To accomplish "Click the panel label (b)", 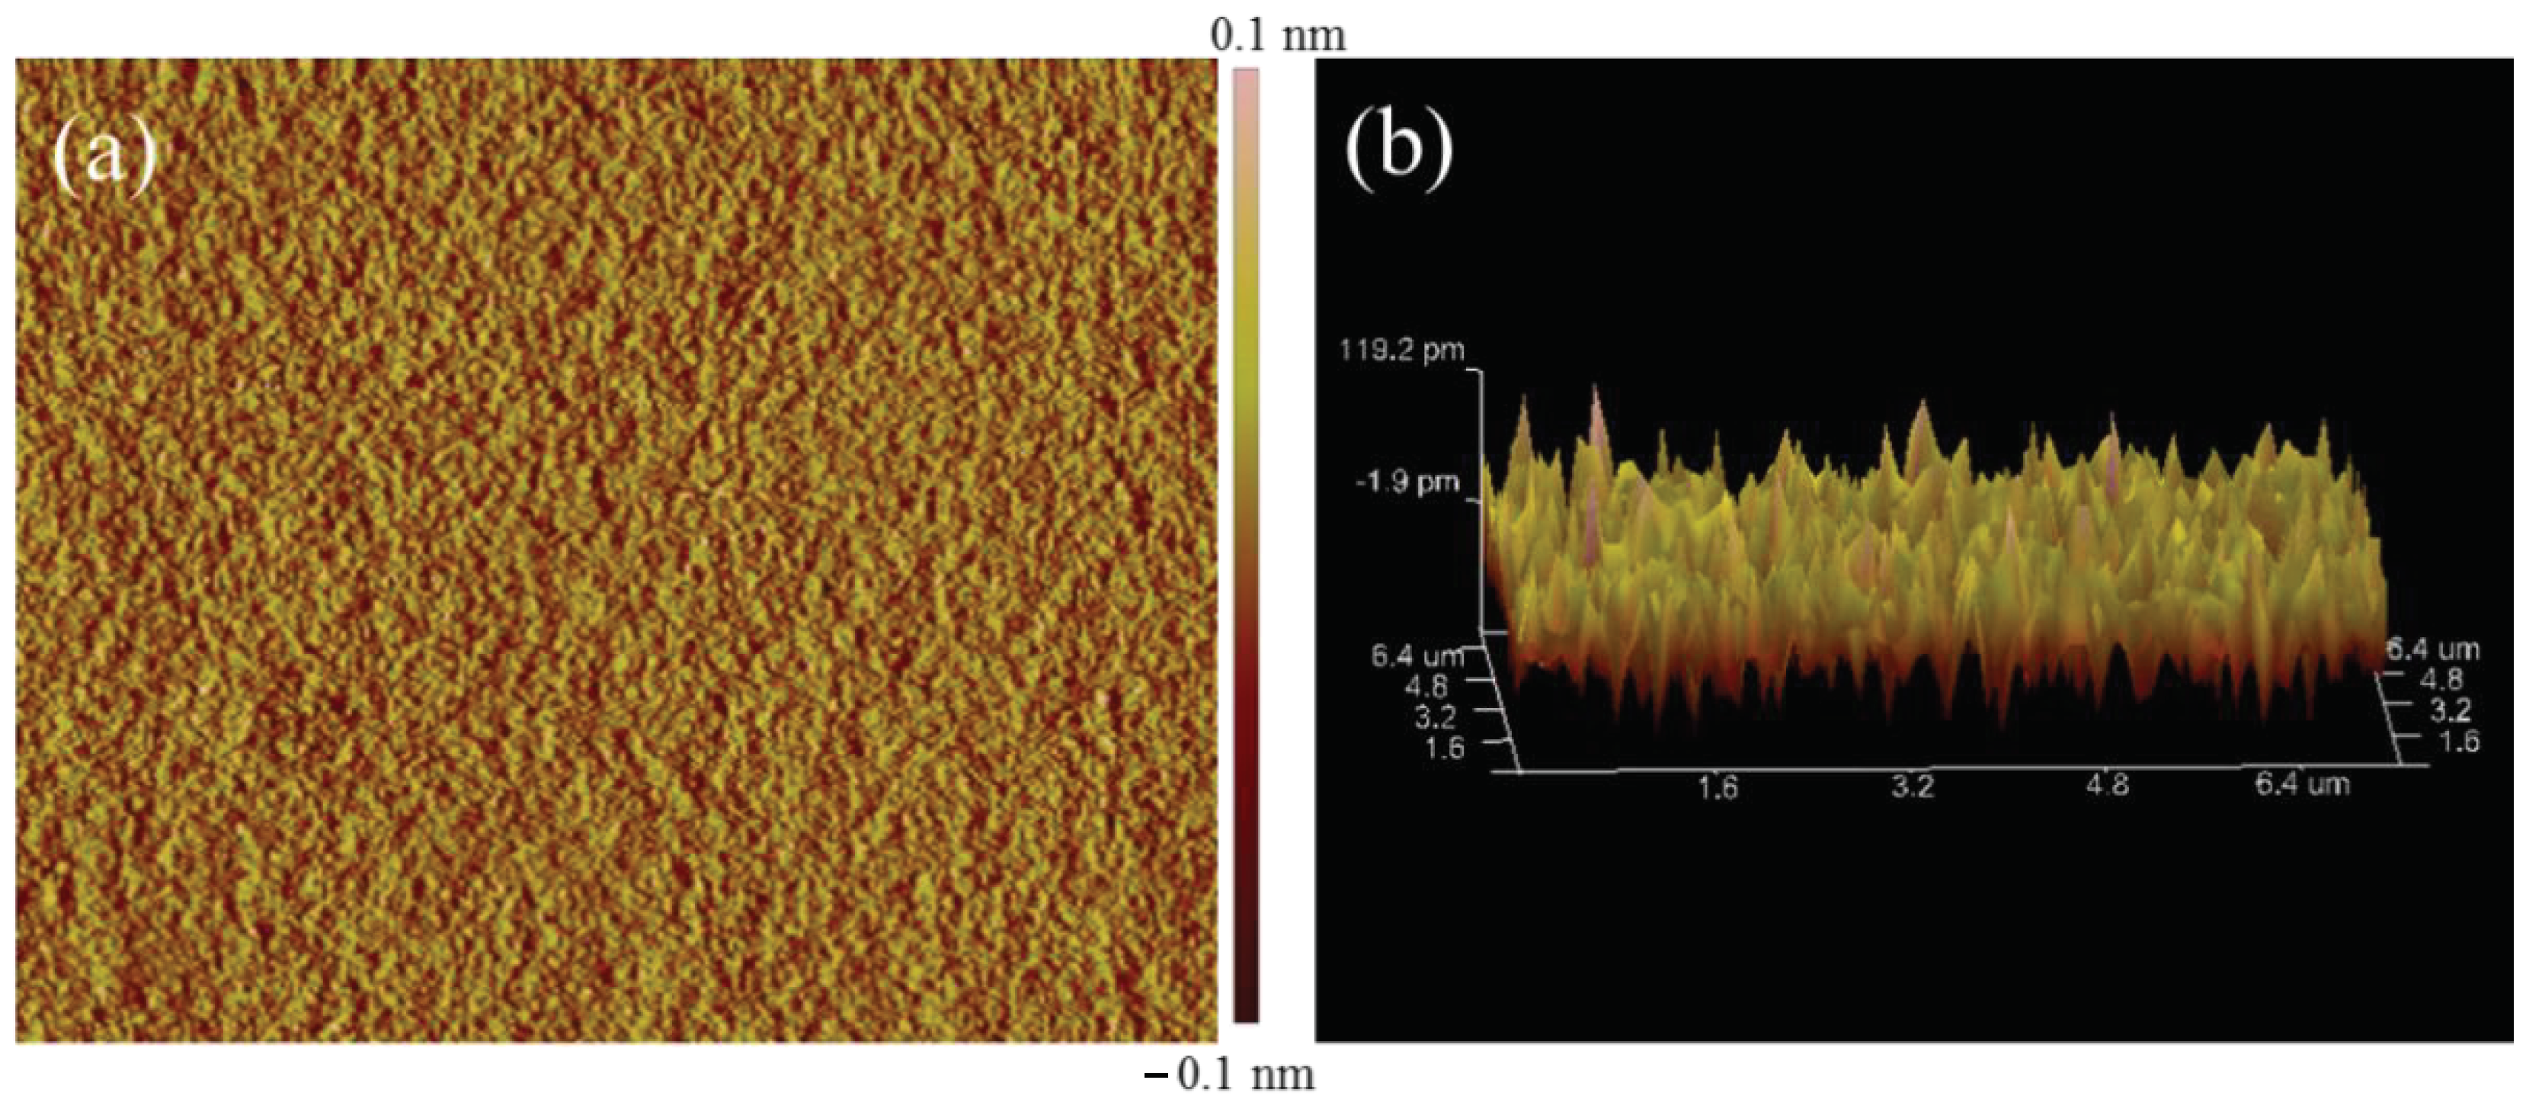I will [x=1397, y=147].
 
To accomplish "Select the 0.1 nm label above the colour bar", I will [x=1278, y=37].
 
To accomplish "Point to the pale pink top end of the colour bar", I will [x=1245, y=79].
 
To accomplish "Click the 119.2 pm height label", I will [x=1401, y=350].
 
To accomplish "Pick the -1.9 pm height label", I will [x=1407, y=482].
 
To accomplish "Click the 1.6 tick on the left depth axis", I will [x=1443, y=748].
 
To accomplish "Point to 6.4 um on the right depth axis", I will [x=2432, y=649].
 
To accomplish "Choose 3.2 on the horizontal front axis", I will [x=1912, y=787].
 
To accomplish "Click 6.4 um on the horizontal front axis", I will [x=2301, y=784].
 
